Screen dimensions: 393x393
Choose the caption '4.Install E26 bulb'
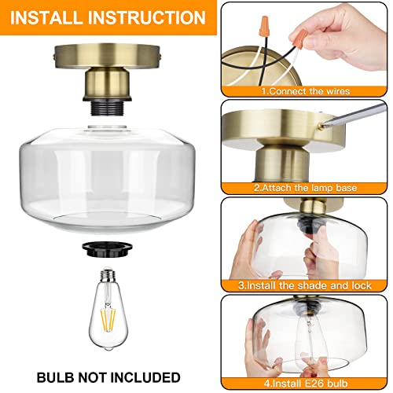[x=308, y=384]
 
